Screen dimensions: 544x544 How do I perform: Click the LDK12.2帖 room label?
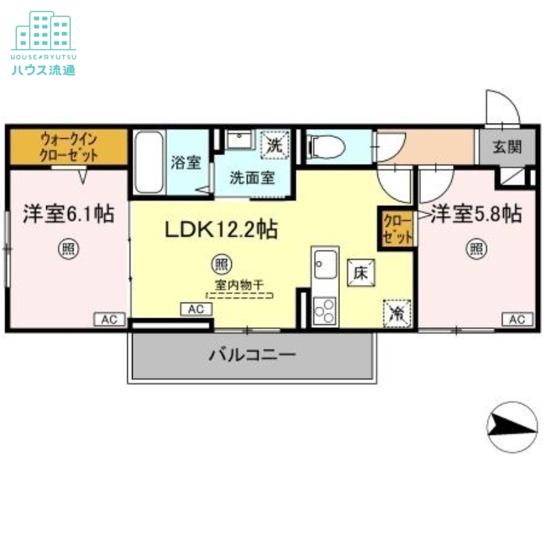[220, 230]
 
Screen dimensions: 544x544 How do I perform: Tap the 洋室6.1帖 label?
[68, 214]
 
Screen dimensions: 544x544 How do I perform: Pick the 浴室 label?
[186, 163]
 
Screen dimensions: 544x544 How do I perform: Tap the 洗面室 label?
[252, 179]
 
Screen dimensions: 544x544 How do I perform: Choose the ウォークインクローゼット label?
[69, 147]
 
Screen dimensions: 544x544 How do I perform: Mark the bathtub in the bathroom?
[149, 163]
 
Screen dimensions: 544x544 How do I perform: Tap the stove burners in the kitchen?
[324, 310]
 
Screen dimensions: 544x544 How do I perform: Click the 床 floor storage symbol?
[360, 272]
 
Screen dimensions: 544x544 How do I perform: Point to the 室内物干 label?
[239, 286]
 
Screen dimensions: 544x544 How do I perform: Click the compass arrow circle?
[512, 426]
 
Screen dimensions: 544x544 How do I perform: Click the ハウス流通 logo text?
[44, 70]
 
